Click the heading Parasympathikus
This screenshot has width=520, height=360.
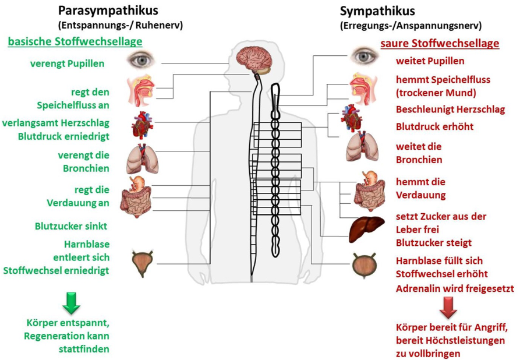(108, 10)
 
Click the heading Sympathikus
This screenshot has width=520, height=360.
(377, 10)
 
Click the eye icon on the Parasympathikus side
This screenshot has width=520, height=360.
(142, 59)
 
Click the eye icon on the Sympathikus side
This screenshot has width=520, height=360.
(365, 57)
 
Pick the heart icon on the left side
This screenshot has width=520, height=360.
(142, 124)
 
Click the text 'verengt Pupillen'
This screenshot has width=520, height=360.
(67, 63)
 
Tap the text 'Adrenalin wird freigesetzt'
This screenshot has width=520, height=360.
(454, 288)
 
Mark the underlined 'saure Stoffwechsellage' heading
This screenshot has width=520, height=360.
(440, 44)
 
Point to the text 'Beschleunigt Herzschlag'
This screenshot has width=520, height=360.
(450, 110)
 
